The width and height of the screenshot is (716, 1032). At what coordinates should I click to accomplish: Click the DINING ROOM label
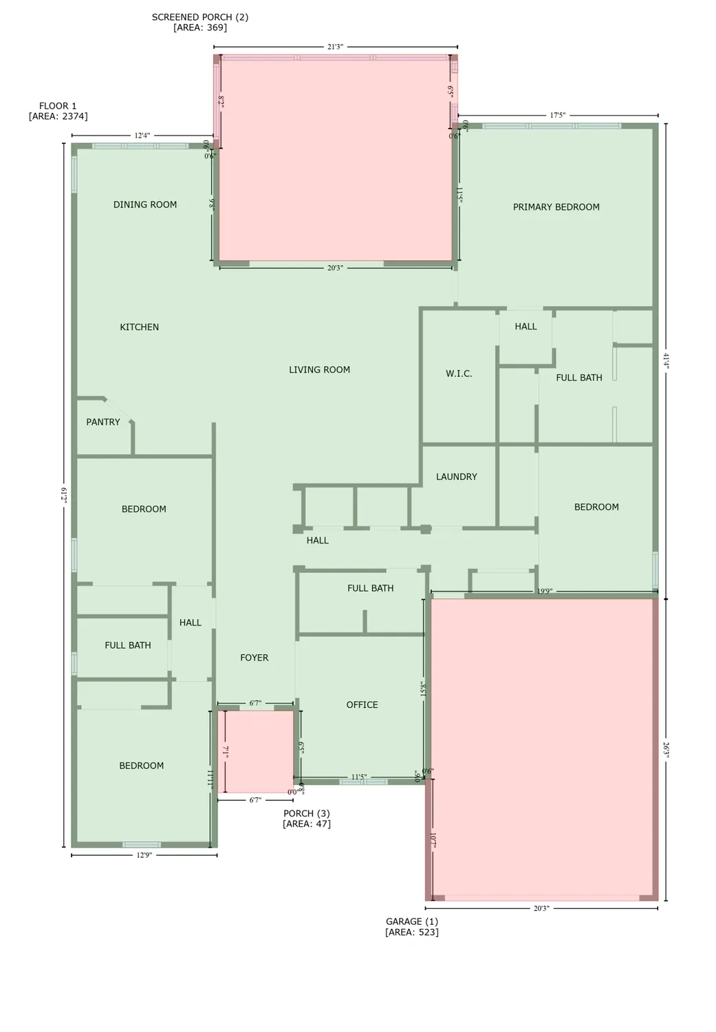[145, 204]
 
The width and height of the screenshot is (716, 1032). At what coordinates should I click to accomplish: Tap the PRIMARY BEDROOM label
[556, 207]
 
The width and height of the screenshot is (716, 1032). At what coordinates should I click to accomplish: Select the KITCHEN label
[140, 327]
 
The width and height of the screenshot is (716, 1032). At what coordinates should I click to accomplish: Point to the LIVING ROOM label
[319, 370]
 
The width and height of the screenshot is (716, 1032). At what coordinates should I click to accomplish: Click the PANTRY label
[103, 422]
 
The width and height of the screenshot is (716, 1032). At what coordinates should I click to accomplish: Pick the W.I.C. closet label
[459, 374]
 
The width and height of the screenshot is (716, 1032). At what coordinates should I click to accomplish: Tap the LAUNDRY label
[456, 477]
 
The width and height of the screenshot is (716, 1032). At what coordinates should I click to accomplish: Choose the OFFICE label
[362, 705]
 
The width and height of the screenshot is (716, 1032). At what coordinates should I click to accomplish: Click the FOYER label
[254, 658]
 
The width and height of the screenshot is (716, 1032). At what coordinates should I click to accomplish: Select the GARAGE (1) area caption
[411, 927]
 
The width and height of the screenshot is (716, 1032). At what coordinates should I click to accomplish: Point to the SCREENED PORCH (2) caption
[199, 23]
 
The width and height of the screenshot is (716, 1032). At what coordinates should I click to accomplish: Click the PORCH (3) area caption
[307, 819]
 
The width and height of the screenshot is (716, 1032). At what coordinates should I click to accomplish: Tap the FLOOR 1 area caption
[58, 111]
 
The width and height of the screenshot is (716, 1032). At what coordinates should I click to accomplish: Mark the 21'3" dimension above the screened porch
[334, 47]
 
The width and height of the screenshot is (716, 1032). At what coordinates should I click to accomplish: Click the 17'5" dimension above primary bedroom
[557, 116]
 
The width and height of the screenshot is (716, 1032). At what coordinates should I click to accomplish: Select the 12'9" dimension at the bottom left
[144, 855]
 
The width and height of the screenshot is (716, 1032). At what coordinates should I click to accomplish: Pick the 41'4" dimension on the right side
[666, 361]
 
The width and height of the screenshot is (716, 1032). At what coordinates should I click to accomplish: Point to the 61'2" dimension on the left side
[64, 495]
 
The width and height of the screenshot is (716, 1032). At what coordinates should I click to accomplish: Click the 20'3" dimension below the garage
[541, 908]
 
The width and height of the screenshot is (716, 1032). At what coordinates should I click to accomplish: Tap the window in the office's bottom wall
[363, 782]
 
